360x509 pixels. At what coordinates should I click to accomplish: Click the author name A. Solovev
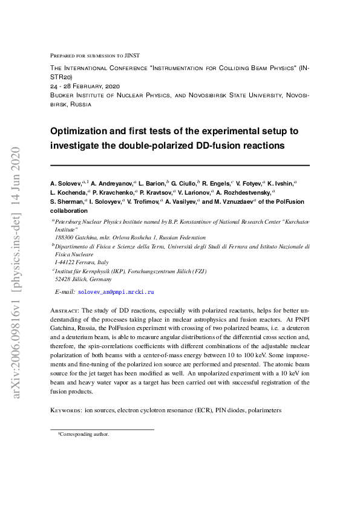66,182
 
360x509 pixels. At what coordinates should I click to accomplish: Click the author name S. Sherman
67,201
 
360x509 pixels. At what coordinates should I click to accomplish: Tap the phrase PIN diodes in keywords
229,410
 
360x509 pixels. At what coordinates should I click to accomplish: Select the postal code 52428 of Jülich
64,280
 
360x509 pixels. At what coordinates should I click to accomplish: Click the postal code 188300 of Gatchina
66,238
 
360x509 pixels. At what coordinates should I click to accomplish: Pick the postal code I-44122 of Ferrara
67,263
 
